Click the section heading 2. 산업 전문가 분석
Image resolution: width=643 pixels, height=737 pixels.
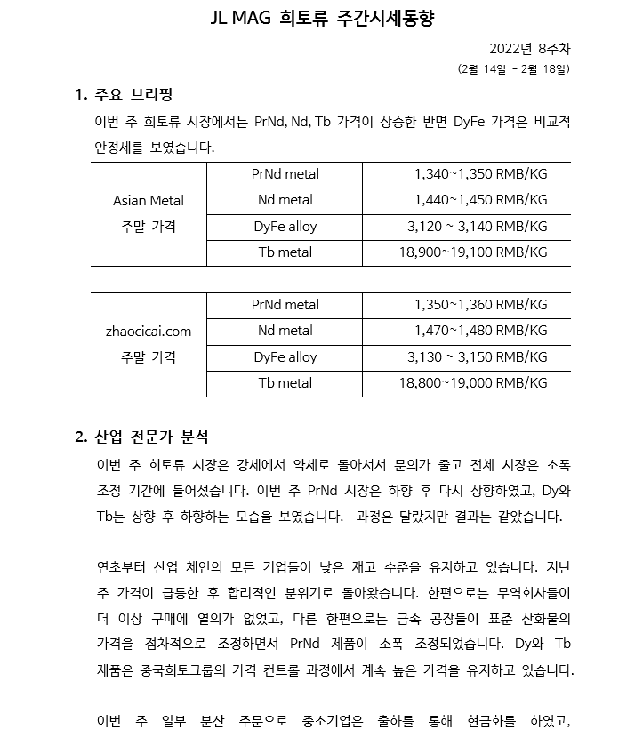pyautogui.click(x=142, y=437)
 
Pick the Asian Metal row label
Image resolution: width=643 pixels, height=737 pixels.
pyautogui.click(x=149, y=201)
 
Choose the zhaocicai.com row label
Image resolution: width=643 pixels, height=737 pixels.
pyautogui.click(x=149, y=332)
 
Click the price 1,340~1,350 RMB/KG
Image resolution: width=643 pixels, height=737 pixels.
pyautogui.click(x=480, y=174)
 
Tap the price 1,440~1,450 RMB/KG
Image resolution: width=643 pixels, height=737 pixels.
pyautogui.click(x=480, y=200)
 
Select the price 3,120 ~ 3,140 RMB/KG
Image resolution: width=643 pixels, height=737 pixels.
pyautogui.click(x=477, y=227)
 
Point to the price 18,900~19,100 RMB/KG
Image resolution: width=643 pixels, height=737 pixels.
pyautogui.click(x=473, y=252)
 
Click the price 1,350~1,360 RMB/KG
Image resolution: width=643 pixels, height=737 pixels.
pyautogui.click(x=480, y=305)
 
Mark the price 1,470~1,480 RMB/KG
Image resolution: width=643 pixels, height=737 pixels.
pyautogui.click(x=480, y=331)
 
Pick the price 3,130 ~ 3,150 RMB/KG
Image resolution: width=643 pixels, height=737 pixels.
pyautogui.click(x=477, y=357)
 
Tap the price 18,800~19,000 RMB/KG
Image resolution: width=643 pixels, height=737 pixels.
pyautogui.click(x=473, y=383)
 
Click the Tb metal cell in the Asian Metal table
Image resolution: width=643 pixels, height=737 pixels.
pyautogui.click(x=285, y=252)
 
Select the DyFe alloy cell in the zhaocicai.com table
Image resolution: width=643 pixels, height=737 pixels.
pyautogui.click(x=285, y=357)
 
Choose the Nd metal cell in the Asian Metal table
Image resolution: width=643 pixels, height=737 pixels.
pyautogui.click(x=285, y=200)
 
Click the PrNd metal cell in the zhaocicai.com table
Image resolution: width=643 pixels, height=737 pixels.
pyautogui.click(x=285, y=305)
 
